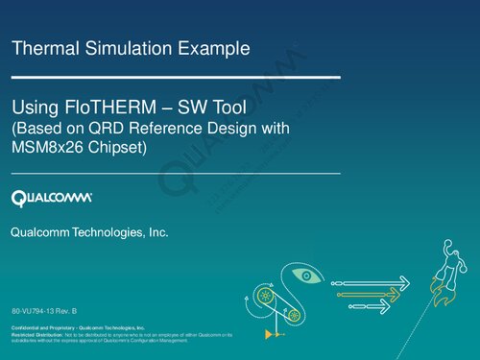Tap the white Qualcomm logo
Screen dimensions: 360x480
(x=52, y=198)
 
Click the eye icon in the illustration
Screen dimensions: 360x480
(x=304, y=276)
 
